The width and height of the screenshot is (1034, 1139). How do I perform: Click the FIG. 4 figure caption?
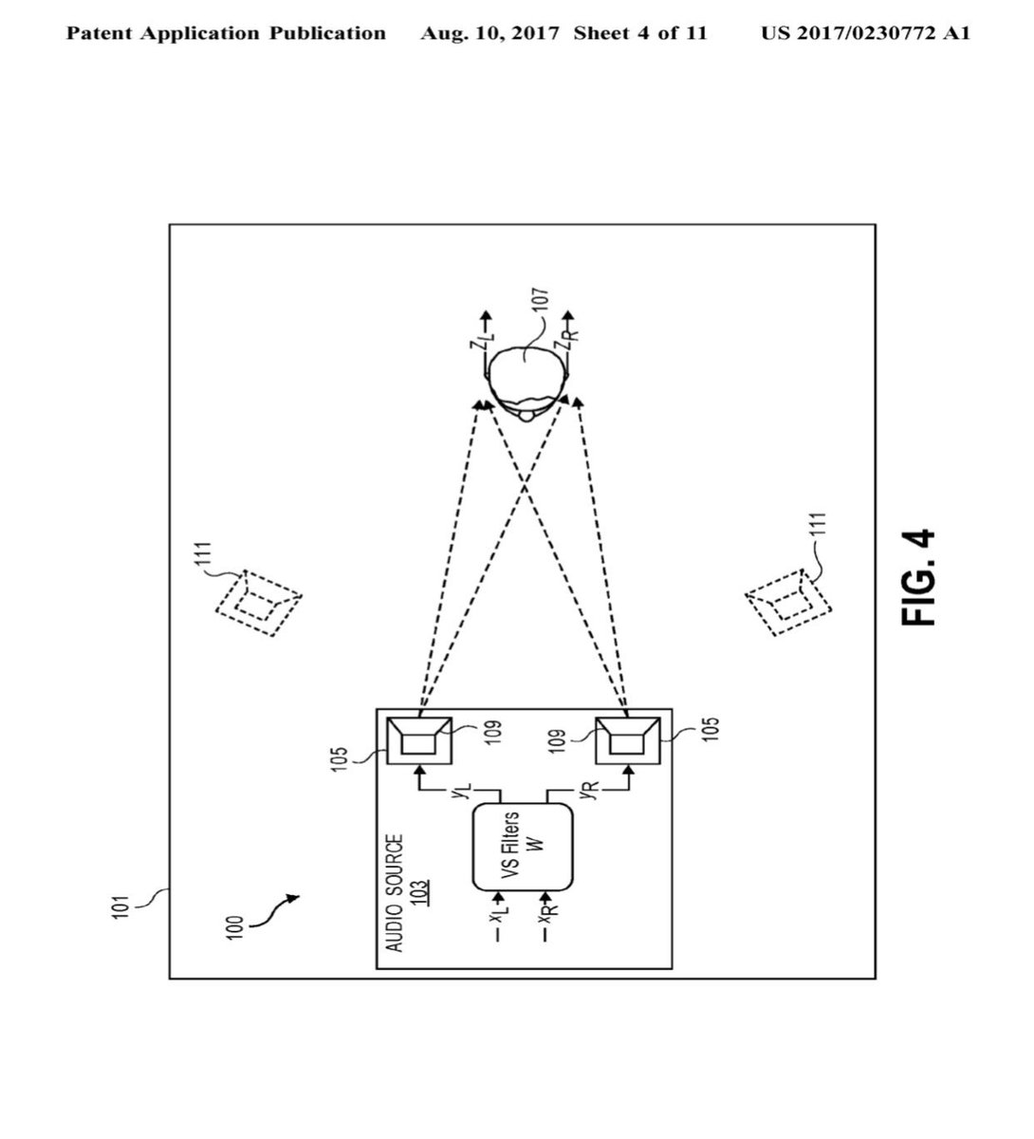click(x=917, y=577)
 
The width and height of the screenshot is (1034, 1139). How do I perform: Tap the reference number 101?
click(x=120, y=907)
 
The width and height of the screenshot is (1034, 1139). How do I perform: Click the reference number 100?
click(x=234, y=928)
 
